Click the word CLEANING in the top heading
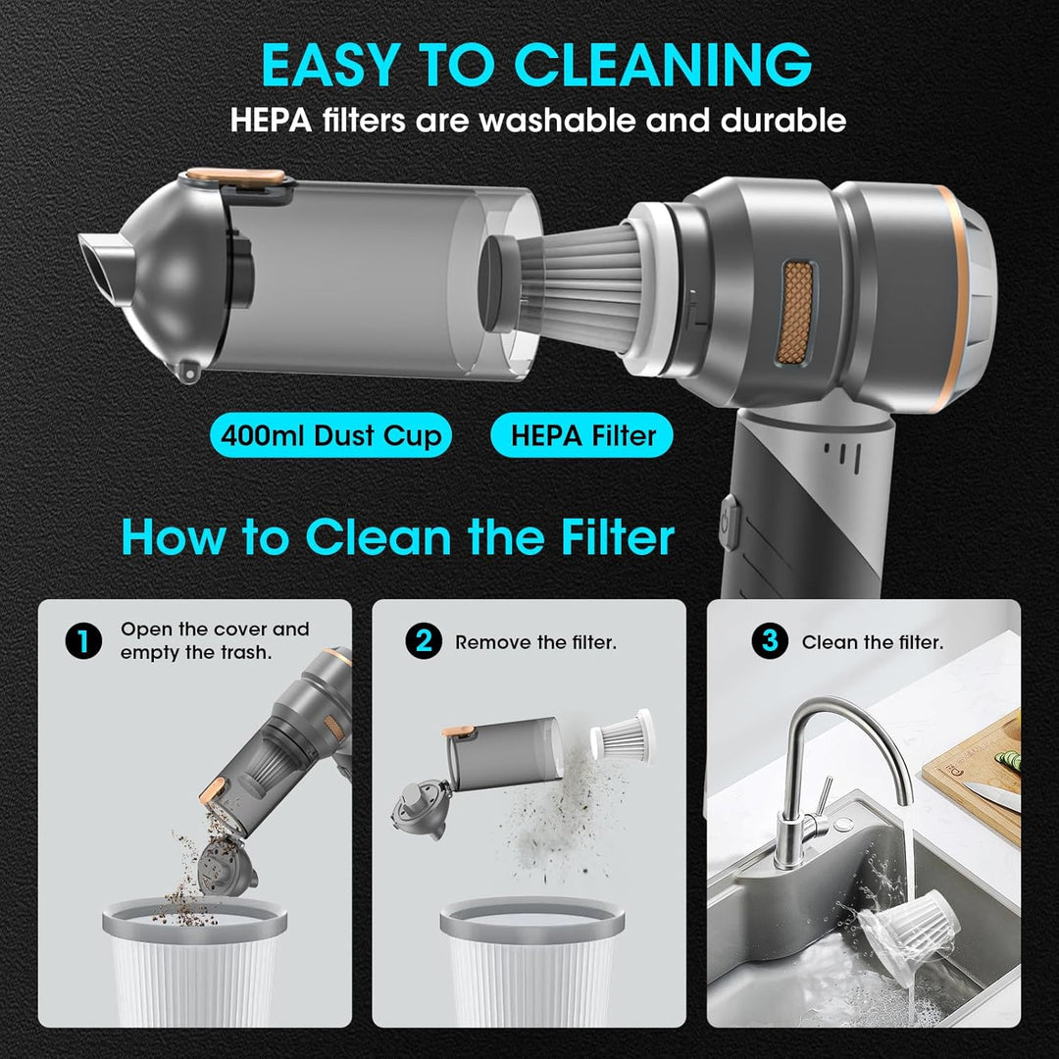click(663, 65)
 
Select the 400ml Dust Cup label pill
click(331, 435)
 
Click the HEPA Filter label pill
click(582, 435)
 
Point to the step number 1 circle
click(83, 641)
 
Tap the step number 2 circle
click(424, 641)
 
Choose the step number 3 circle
click(770, 641)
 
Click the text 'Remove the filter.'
click(535, 642)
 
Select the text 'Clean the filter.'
click(873, 642)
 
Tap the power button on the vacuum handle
click(729, 522)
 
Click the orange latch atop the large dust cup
click(236, 176)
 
